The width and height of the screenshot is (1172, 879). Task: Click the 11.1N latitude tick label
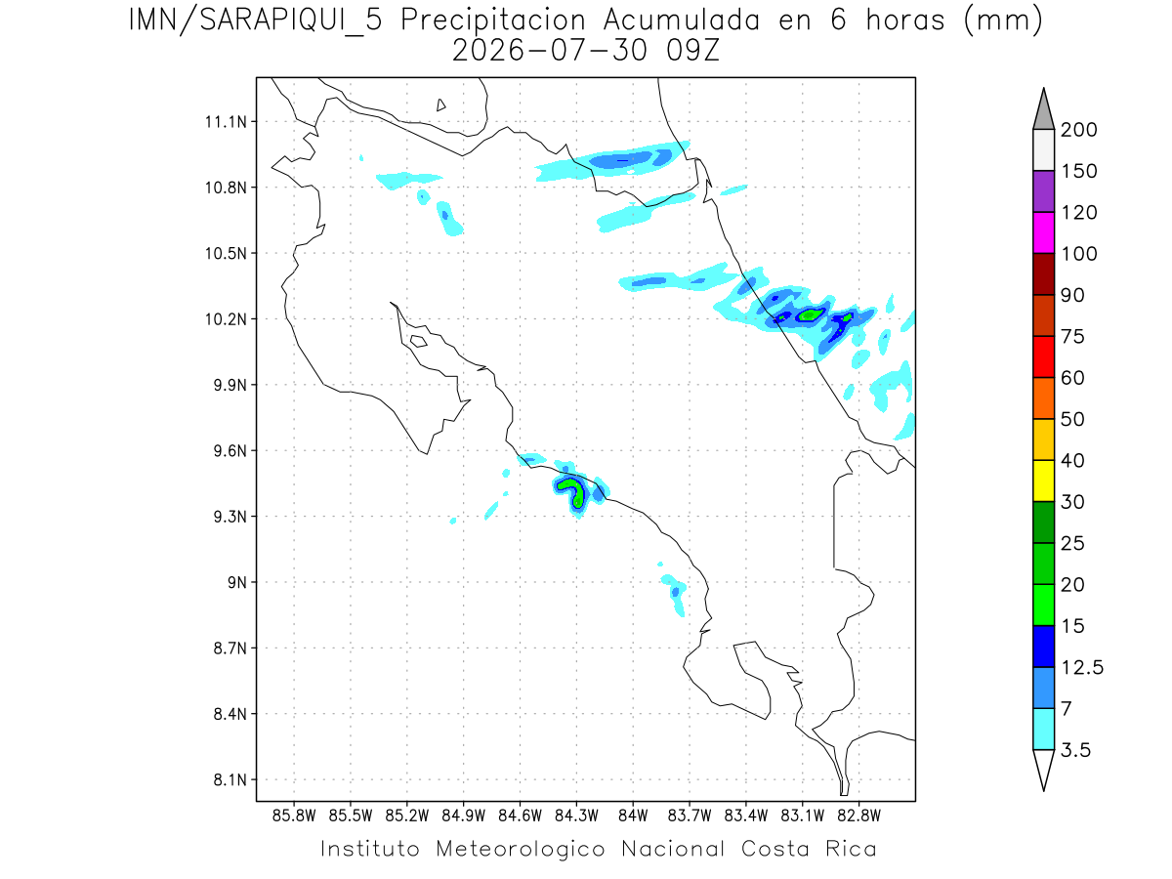coord(226,122)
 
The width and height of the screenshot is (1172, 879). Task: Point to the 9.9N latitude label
coord(230,385)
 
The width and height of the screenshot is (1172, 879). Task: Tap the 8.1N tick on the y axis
coord(230,779)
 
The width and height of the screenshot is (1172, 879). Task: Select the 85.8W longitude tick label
coord(294,816)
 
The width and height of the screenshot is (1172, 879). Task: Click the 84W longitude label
coord(633,816)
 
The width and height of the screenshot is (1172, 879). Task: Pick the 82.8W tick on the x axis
coord(858,816)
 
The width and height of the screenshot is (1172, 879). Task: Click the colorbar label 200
coord(1078,130)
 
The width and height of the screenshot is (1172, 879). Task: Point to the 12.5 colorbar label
coord(1082,667)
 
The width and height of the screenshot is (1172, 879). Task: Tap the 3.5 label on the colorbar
coord(1075,750)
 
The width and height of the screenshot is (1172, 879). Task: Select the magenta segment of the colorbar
coord(1043,232)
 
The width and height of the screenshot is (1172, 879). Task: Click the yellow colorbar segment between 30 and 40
coord(1043,481)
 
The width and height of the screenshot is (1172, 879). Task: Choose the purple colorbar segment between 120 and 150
coord(1043,191)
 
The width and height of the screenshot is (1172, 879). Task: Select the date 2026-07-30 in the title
coord(550,51)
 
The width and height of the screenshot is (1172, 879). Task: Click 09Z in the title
coord(692,51)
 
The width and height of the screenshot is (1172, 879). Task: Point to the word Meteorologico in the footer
coord(520,849)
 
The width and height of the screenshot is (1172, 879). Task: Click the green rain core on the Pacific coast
coord(571,491)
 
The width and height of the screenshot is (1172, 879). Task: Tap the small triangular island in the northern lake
coord(440,105)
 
